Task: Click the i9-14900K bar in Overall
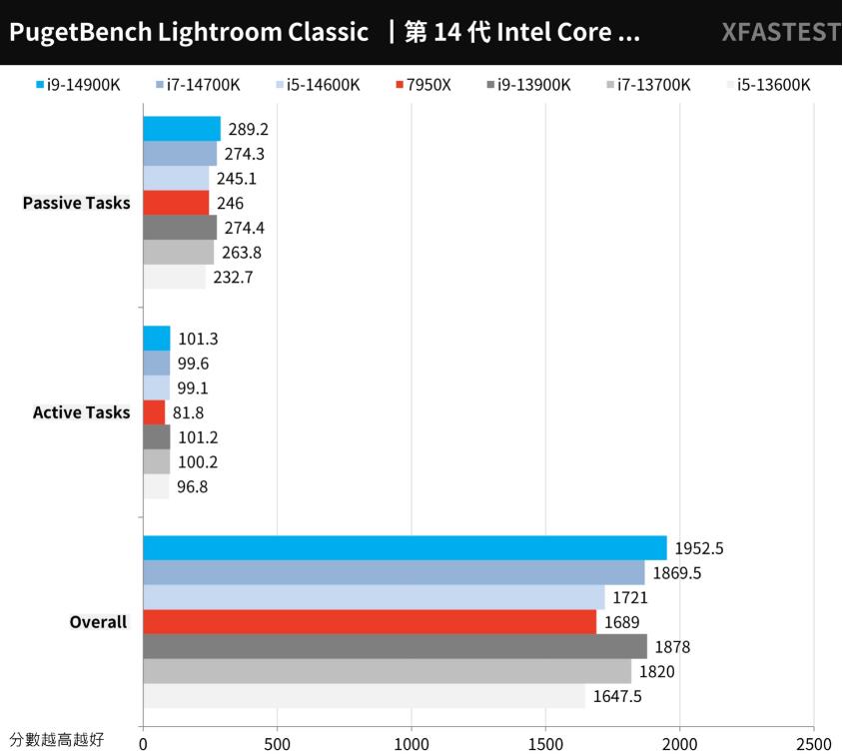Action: (x=405, y=548)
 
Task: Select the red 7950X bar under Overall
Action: (x=370, y=622)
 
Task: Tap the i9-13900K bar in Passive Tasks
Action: (x=180, y=228)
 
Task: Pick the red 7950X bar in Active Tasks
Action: (x=154, y=412)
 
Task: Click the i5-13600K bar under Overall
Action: (x=364, y=696)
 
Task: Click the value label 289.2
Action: (x=249, y=129)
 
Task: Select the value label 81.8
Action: (x=190, y=412)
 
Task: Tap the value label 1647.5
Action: (x=617, y=696)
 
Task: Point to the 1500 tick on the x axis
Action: (x=545, y=744)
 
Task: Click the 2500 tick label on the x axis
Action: (x=813, y=744)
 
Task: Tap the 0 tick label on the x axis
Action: (x=143, y=744)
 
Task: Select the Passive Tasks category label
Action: (x=76, y=203)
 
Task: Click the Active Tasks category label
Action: (x=81, y=412)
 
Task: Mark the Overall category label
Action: (x=98, y=622)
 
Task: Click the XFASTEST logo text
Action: (x=781, y=32)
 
